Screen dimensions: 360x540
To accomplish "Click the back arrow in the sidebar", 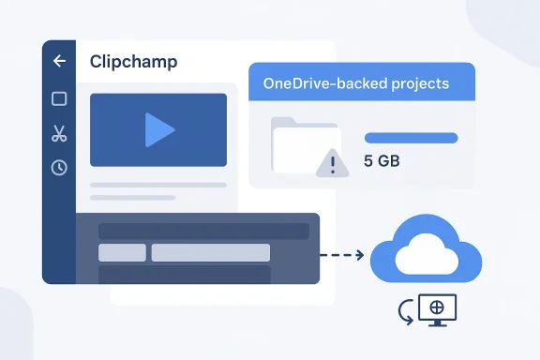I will pos(59,62).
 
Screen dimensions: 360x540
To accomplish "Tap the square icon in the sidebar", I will pos(59,98).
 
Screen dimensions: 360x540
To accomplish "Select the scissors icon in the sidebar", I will pos(59,133).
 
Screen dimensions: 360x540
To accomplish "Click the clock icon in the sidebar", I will pos(59,168).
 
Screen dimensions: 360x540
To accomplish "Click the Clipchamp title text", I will pos(133,62).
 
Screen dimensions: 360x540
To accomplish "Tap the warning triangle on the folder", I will pos(331,163).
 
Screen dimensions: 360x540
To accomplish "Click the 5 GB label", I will pos(382,161).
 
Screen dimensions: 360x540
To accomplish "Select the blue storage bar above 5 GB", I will pos(411,138).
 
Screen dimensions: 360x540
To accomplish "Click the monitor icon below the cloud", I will pos(435,310).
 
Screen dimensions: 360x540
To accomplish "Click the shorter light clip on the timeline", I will pos(122,252).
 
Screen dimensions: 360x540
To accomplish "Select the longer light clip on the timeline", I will pos(211,252).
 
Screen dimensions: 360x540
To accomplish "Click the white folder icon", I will pos(298,145).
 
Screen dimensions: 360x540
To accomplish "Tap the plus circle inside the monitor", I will pos(435,307).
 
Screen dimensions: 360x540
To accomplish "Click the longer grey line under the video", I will pos(157,185).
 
